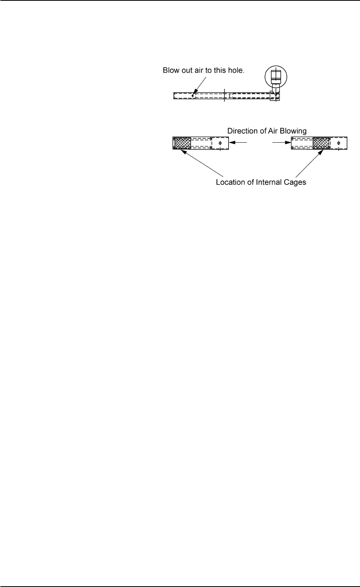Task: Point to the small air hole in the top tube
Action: coord(193,96)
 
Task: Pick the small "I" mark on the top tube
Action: coord(229,96)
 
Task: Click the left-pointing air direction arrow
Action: coord(241,142)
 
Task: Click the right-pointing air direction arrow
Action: coord(282,142)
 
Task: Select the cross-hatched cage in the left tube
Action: coord(183,143)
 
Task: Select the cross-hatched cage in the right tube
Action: coord(321,143)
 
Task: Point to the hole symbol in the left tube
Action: coord(220,143)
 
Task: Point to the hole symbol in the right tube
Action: coord(339,143)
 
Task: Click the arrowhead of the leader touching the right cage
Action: coord(322,152)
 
